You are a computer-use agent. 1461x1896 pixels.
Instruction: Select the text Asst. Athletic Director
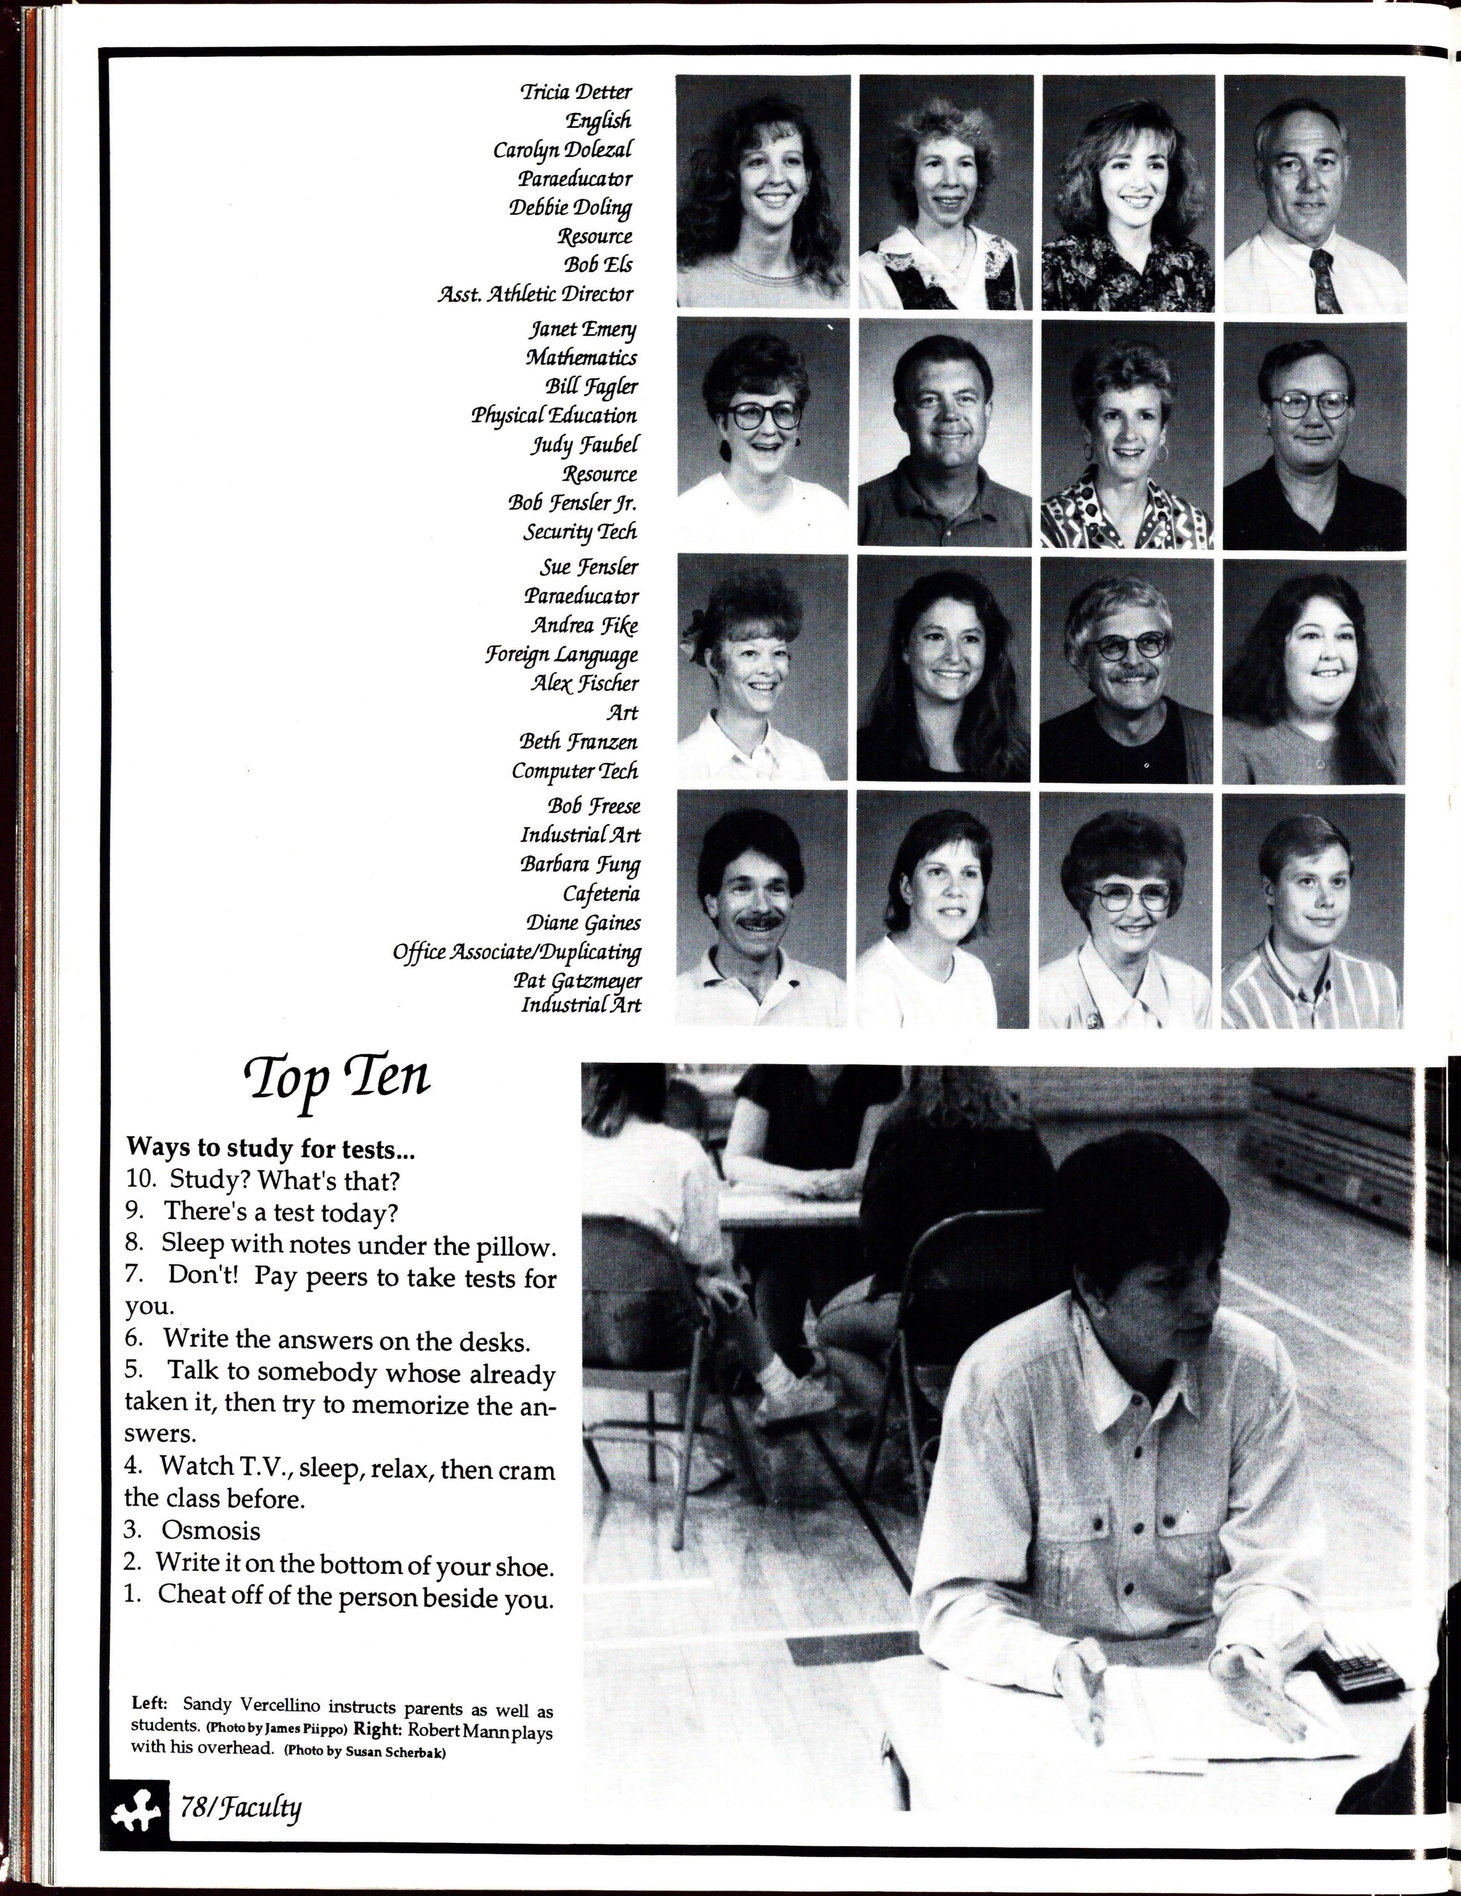[536, 294]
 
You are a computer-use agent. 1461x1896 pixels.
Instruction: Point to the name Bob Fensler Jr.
[573, 503]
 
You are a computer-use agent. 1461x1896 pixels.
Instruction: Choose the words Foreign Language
[562, 654]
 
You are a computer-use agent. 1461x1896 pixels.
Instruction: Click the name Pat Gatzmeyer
[577, 981]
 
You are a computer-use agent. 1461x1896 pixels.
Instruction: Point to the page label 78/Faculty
[241, 1807]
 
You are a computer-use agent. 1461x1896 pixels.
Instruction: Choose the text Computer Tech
[575, 771]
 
